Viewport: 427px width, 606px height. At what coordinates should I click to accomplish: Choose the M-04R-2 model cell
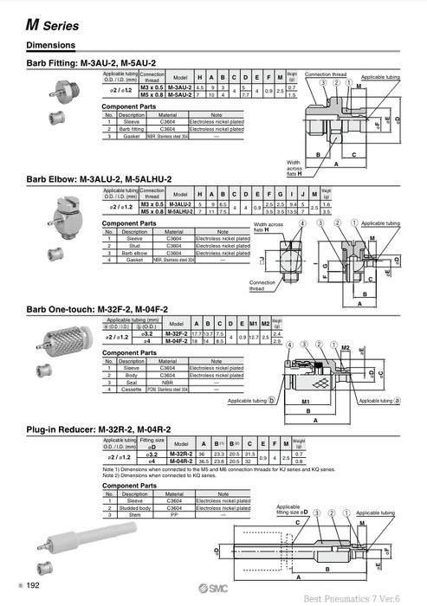tap(181, 461)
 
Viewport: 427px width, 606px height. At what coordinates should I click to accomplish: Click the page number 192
tap(33, 587)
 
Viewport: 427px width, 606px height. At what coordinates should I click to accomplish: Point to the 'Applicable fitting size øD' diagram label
tap(288, 509)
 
